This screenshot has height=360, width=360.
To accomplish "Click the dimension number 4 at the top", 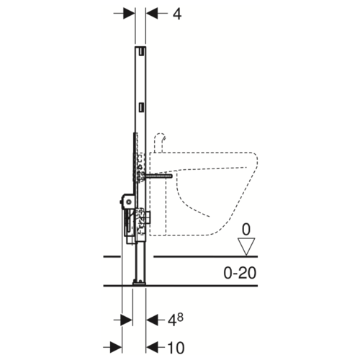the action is (x=177, y=14).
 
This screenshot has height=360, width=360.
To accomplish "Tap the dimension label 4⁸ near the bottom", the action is (x=176, y=320).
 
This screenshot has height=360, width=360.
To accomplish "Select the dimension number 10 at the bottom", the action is (x=176, y=348).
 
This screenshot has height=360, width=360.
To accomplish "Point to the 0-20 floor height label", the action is (x=240, y=273).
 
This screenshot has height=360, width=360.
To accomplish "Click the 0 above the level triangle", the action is (x=246, y=230).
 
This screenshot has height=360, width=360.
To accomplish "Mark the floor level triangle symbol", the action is (x=246, y=246).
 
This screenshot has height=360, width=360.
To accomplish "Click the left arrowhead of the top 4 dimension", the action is (x=129, y=13).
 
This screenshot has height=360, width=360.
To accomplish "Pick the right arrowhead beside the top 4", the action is (x=152, y=13).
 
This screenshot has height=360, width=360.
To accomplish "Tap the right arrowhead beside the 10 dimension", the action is (x=152, y=348).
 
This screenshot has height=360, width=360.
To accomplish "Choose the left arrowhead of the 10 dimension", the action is (x=116, y=348).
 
